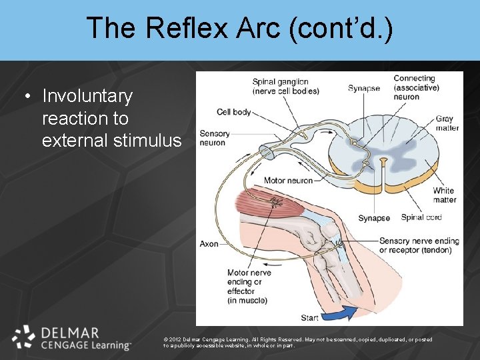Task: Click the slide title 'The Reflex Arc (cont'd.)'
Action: point(239,28)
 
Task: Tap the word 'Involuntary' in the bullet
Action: point(87,96)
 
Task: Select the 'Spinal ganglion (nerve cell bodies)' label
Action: point(280,87)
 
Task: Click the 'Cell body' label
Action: point(233,112)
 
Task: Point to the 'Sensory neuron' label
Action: point(213,138)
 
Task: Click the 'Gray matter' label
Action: point(447,123)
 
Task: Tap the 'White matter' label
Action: point(444,195)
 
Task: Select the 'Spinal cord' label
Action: point(421,217)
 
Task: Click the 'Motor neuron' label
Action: point(288,181)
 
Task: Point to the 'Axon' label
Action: point(209,244)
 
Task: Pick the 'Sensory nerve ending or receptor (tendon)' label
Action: point(415,245)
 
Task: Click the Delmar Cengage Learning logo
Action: point(72,338)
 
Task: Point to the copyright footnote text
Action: point(297,342)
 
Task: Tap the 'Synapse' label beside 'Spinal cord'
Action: point(374,218)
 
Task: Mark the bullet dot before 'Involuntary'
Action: point(27,97)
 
